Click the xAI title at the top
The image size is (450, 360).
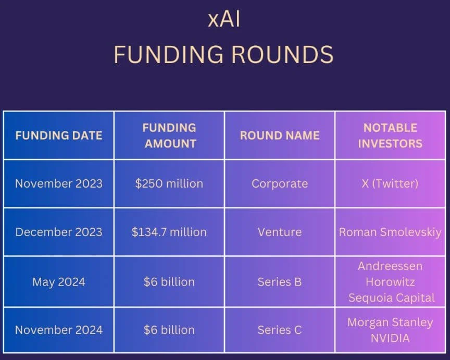pos(224,19)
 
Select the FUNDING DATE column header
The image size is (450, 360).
pos(58,135)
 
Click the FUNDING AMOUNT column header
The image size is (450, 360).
pos(170,135)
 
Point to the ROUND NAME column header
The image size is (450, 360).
pos(280,135)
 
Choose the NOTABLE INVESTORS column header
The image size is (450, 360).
pos(390,135)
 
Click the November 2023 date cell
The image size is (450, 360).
pos(58,184)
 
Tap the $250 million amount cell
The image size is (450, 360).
pos(169,184)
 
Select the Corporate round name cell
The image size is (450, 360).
pos(280,184)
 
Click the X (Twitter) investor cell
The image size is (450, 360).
pos(390,184)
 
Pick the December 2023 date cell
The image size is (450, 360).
pos(58,232)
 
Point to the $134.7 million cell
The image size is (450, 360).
pos(169,232)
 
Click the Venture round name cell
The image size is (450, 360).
pos(280,232)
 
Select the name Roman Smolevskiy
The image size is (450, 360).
pos(390,232)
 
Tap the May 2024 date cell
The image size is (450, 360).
pos(58,282)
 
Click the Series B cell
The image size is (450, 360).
pos(280,282)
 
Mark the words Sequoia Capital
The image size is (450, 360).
pos(391,298)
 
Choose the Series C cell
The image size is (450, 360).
pos(280,330)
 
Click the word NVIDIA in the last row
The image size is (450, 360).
pos(390,338)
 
